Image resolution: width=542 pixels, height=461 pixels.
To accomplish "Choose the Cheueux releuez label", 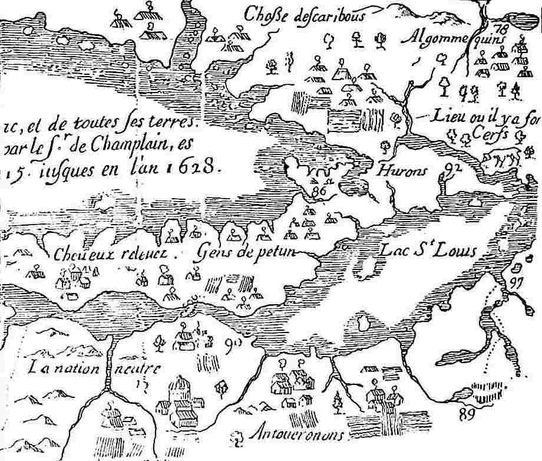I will point(110,255).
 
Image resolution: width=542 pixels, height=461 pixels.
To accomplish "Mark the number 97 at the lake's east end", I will point(517,281).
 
